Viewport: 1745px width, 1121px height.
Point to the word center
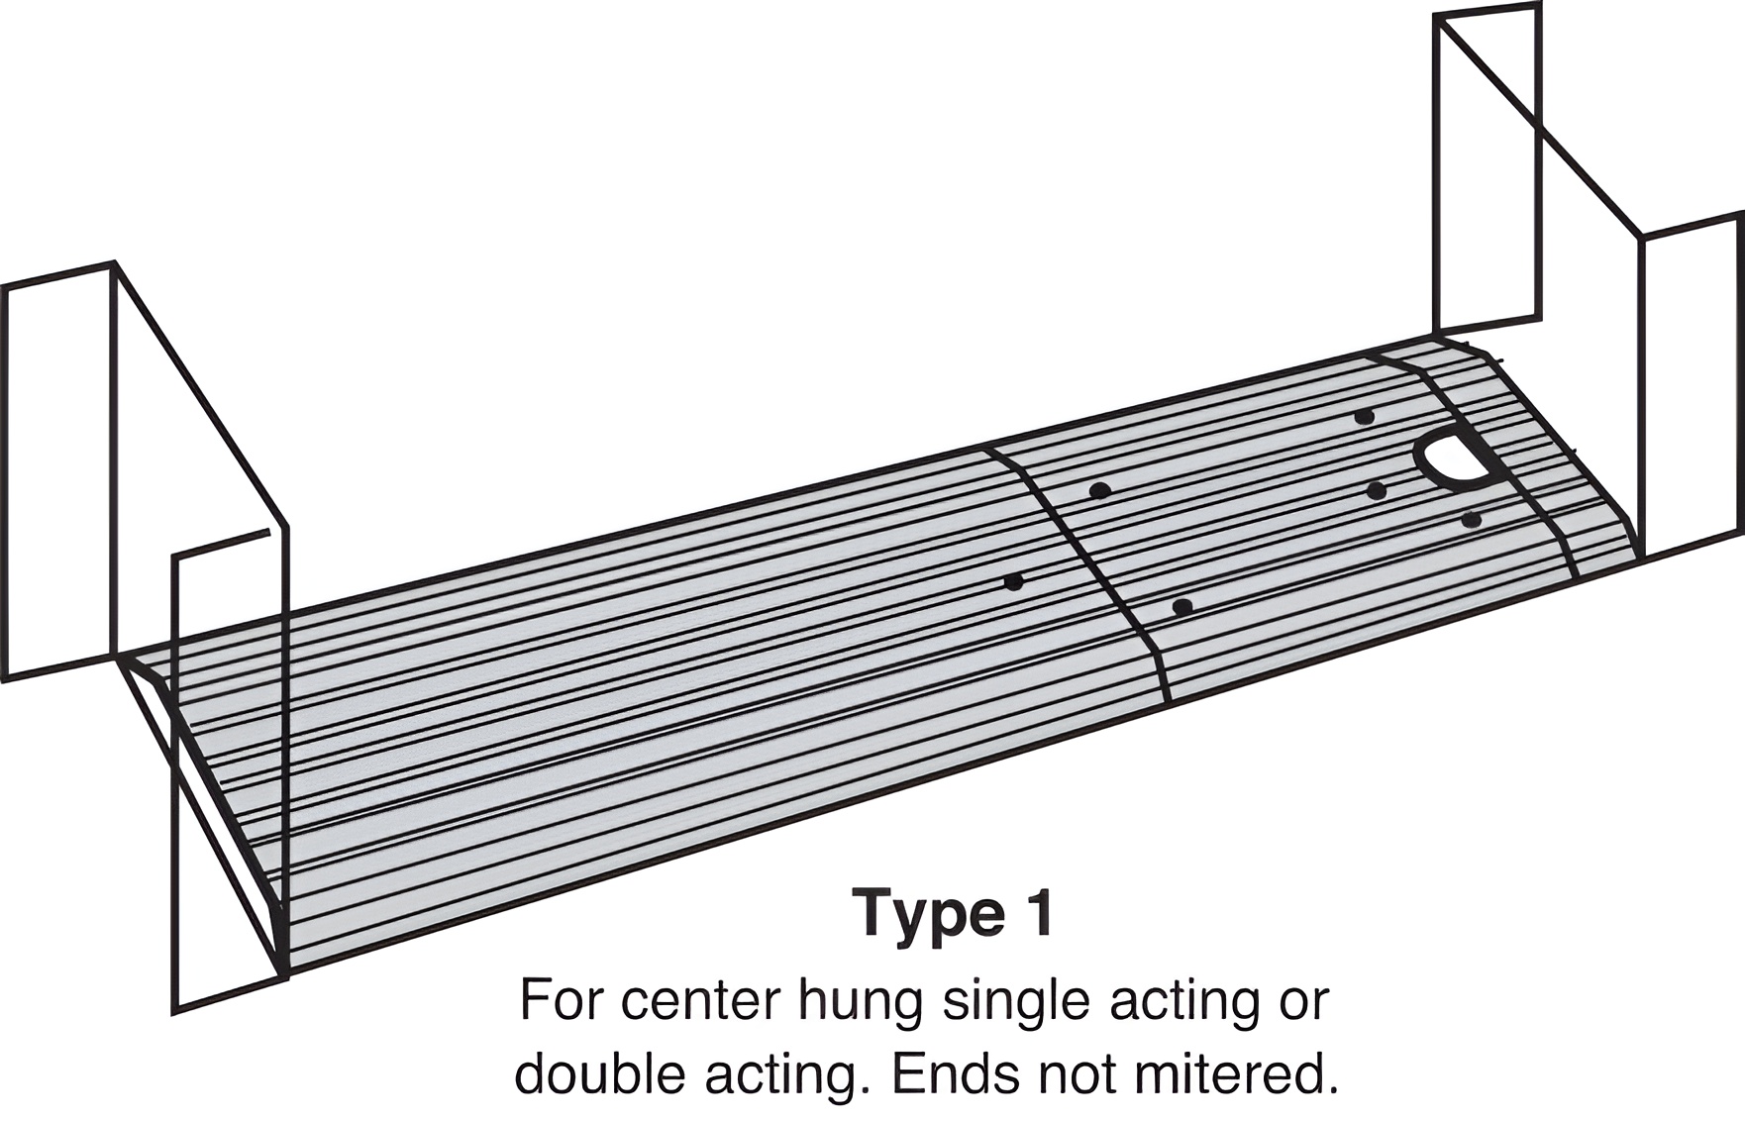[x=700, y=1002]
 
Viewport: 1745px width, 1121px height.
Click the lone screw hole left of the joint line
[x=1013, y=581]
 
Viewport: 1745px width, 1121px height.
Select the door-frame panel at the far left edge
[x=59, y=471]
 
